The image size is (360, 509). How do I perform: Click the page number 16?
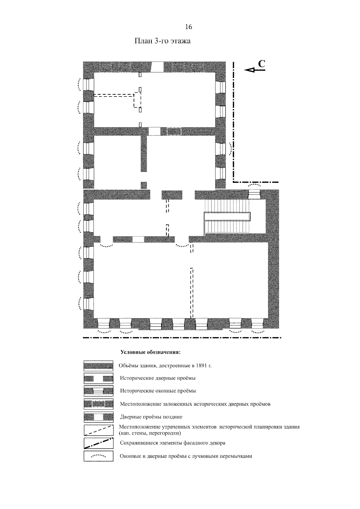click(188, 27)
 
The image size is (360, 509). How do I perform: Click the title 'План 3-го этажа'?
click(162, 41)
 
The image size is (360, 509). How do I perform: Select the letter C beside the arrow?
click(262, 63)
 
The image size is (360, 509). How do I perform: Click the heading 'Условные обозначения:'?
click(150, 352)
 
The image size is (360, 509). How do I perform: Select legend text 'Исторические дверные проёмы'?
click(158, 378)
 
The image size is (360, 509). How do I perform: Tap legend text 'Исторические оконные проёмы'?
click(158, 391)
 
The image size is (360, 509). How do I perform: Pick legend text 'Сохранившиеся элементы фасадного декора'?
click(172, 443)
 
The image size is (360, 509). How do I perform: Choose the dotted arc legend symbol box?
click(98, 456)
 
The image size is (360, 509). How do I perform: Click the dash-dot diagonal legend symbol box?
click(98, 443)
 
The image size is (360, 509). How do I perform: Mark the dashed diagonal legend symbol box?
click(98, 430)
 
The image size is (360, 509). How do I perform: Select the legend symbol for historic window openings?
click(98, 391)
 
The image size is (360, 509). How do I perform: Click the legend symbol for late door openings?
click(98, 417)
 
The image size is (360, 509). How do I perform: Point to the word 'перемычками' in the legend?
click(237, 456)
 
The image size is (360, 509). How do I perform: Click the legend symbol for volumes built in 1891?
click(98, 366)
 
